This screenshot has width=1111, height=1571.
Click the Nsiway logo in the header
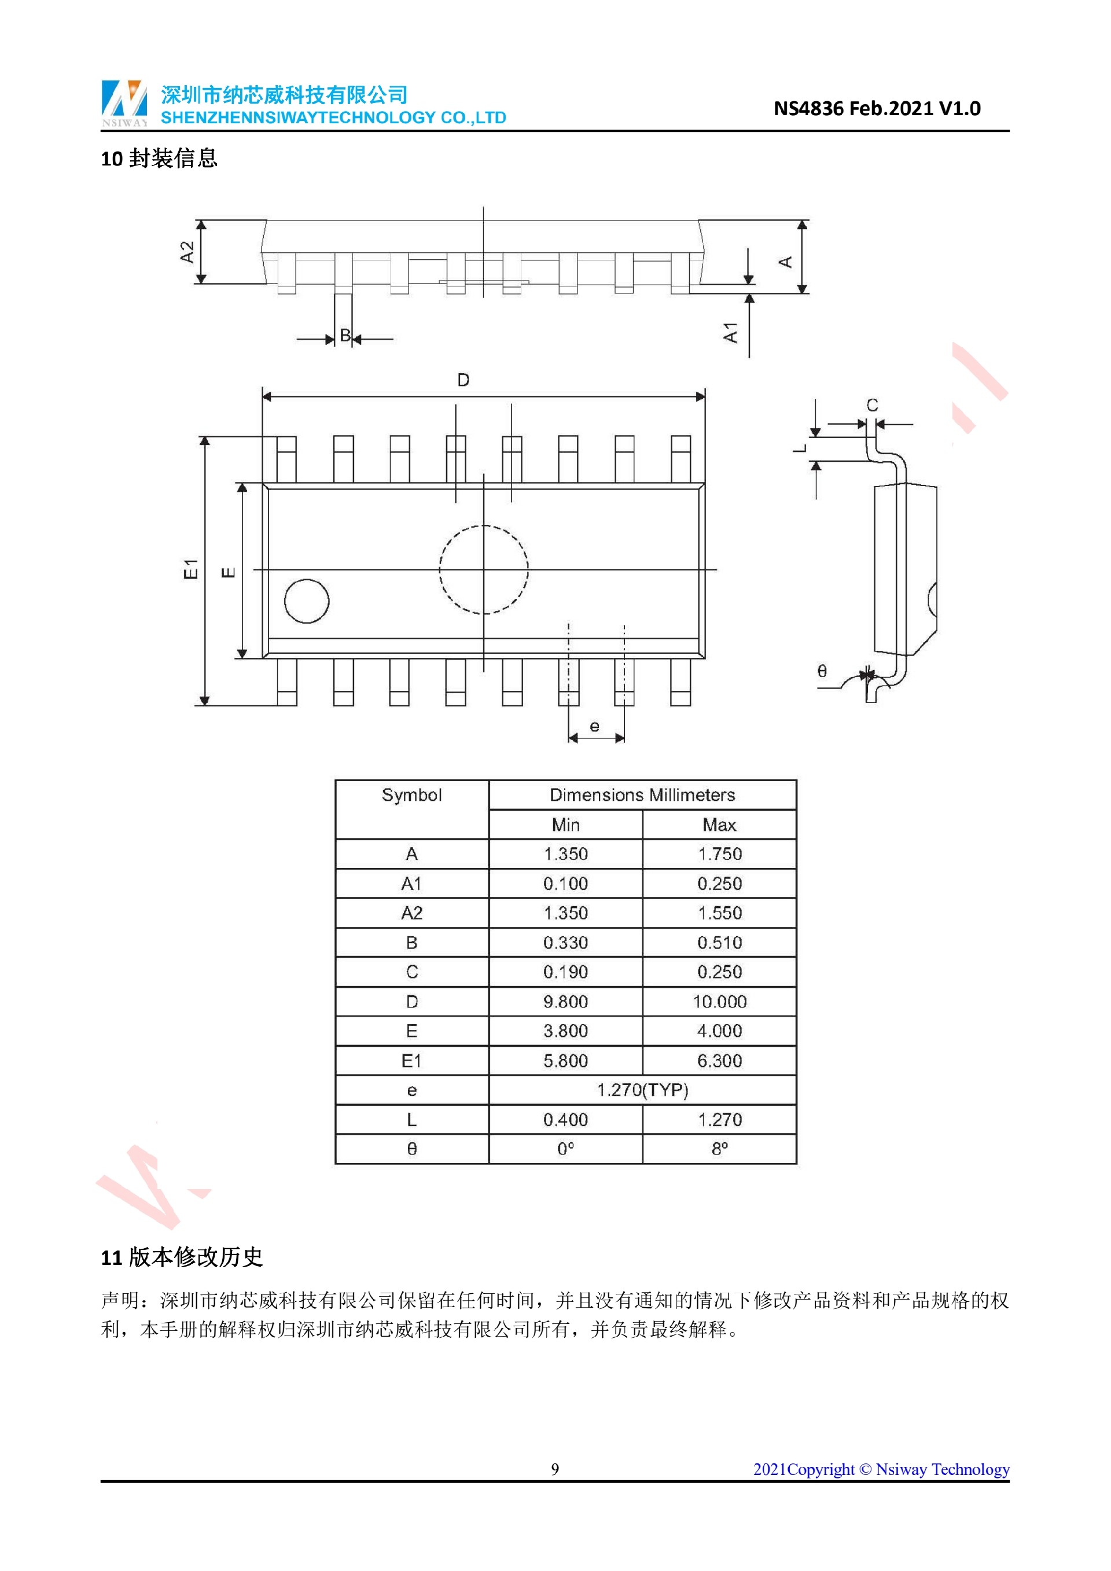124,102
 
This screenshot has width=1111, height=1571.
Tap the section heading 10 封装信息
159,159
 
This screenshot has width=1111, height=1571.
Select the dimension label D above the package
463,380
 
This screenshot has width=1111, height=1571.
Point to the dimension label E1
191,569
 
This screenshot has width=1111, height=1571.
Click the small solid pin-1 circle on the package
307,601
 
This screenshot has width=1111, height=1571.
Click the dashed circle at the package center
484,569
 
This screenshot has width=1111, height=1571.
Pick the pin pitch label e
594,727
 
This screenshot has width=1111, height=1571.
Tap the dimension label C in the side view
872,405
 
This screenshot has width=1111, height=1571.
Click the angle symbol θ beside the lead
822,671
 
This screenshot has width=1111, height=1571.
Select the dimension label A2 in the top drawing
187,252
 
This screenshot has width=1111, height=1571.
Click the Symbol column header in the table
412,795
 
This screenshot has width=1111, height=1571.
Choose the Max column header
719,825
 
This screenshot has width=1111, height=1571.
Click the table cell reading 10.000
719,1002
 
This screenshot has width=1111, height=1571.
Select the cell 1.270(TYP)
642,1090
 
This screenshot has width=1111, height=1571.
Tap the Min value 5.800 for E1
566,1061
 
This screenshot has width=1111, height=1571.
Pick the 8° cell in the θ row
719,1149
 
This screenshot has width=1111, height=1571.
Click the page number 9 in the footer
555,1469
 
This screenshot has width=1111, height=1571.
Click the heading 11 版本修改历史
182,1257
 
